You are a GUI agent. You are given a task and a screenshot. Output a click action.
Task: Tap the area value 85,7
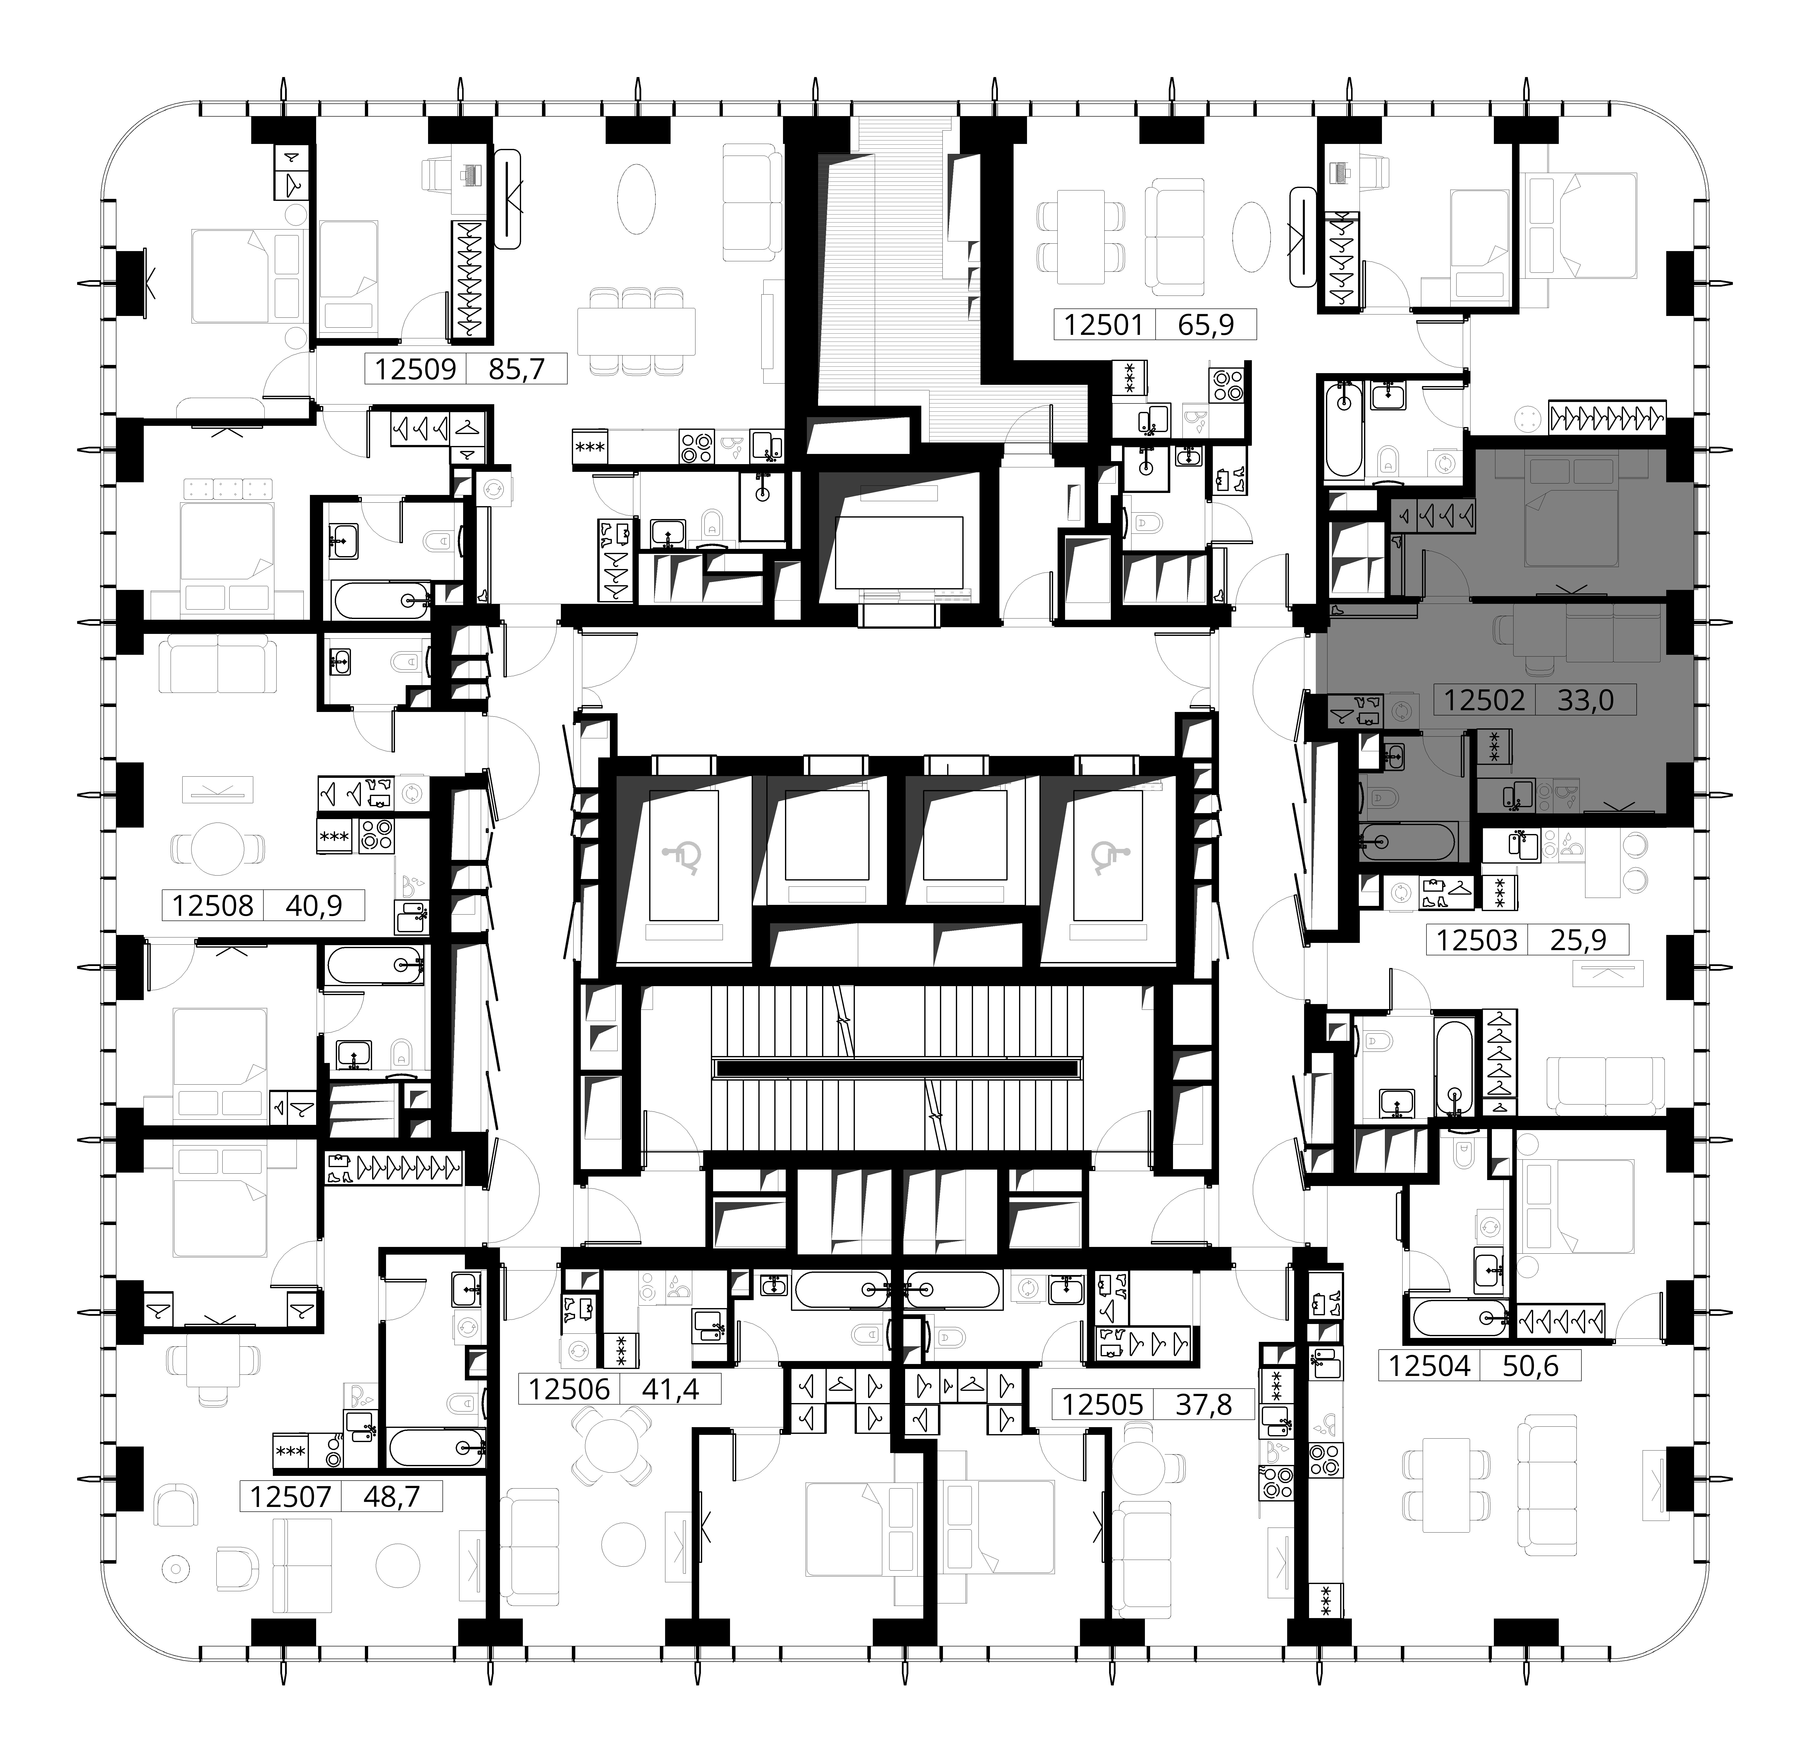click(516, 369)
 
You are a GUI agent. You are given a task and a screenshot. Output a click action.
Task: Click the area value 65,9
click(1205, 325)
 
